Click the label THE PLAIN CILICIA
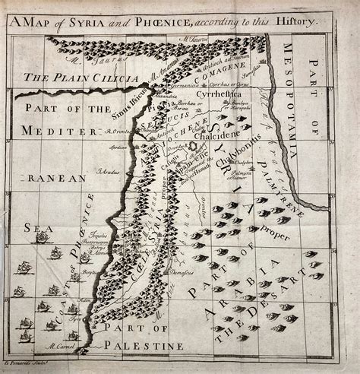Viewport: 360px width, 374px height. click(x=68, y=78)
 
